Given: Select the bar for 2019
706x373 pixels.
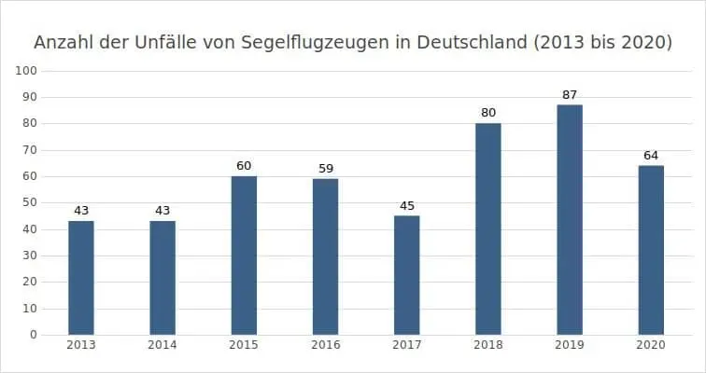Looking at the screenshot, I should [570, 219].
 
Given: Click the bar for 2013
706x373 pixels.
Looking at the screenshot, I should [81, 277].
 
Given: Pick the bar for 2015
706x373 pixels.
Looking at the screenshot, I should [244, 255].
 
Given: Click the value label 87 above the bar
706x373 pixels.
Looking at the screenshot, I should [570, 95].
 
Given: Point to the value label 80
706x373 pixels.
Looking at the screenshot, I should [488, 114].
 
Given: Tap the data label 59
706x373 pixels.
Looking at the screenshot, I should [325, 169].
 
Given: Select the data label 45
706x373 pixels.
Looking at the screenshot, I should [407, 206].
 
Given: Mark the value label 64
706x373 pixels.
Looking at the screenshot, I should [651, 156].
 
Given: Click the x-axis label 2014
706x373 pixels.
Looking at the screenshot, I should [162, 345].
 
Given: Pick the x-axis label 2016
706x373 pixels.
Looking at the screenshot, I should [325, 345].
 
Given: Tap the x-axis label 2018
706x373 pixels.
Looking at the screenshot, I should [488, 345].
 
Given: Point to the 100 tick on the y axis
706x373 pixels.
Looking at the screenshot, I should [27, 71].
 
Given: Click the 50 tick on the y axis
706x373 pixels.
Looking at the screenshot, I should [30, 202].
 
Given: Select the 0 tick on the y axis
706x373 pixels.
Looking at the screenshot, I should [33, 334].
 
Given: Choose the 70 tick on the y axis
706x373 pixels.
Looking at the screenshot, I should [30, 150].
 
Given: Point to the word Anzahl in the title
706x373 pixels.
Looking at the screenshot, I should [64, 43].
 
